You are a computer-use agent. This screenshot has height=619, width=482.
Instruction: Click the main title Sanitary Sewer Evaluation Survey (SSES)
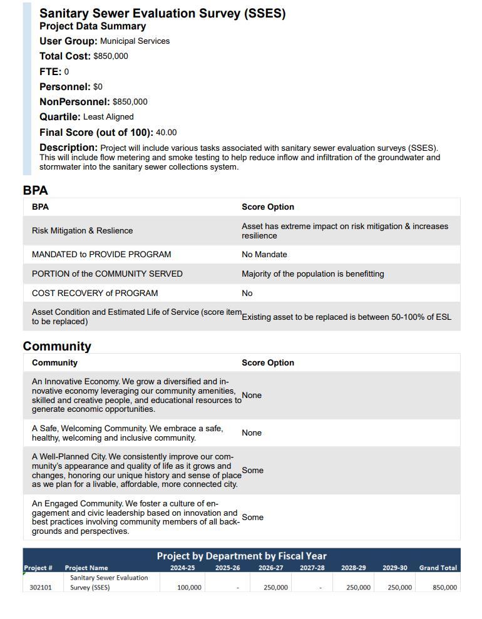[x=162, y=13]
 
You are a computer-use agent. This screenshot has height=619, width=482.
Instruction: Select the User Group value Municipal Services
[x=135, y=41]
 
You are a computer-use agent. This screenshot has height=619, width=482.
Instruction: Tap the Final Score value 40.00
[x=166, y=133]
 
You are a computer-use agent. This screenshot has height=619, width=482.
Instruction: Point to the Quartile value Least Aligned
[x=108, y=117]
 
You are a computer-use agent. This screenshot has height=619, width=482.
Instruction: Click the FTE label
[x=50, y=71]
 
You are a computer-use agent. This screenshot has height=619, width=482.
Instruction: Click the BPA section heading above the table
[x=35, y=190]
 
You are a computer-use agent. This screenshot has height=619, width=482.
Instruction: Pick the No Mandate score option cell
[x=264, y=255]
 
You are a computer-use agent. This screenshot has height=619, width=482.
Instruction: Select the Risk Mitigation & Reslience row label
[x=82, y=231]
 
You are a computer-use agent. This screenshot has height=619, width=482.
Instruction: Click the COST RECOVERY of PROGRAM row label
[x=95, y=293]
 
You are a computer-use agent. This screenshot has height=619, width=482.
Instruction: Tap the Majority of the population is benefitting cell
[x=313, y=274]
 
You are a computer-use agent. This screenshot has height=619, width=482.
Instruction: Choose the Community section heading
[x=57, y=346]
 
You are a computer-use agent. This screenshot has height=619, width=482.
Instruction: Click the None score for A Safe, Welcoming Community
[x=252, y=433]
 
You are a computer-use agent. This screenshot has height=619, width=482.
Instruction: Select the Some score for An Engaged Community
[x=252, y=518]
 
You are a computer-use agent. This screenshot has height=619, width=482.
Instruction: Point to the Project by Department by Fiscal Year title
[x=242, y=556]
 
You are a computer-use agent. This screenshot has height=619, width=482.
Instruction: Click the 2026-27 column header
[x=270, y=568]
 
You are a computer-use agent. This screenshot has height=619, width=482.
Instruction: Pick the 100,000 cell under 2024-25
[x=189, y=588]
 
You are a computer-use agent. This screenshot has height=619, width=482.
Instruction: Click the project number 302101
[x=41, y=588]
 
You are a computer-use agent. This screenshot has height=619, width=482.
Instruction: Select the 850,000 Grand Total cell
[x=444, y=588]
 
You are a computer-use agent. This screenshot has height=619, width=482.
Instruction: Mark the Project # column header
[x=38, y=568]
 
